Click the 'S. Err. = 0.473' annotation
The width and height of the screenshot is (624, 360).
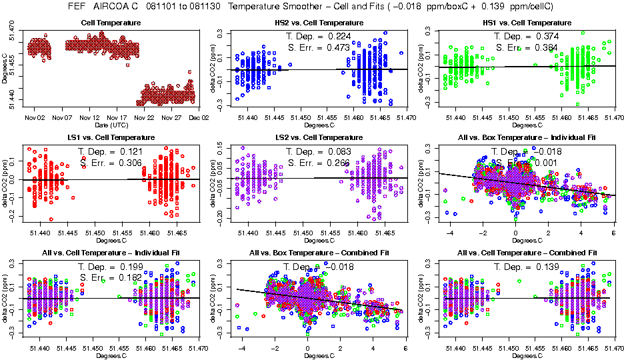click(321, 47)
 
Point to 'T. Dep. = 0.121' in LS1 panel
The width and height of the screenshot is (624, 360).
click(113, 152)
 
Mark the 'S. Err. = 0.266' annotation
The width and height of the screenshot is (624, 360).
click(321, 163)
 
